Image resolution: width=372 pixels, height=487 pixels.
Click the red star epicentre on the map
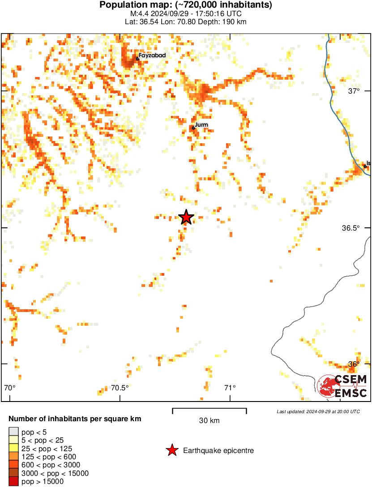pos(186,218)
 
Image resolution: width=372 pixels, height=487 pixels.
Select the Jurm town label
pos(201,125)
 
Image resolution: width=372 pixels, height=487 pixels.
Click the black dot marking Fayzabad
pos(138,59)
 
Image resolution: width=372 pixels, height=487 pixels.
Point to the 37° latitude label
pos(354,91)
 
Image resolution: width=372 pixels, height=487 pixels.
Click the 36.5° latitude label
pos(351,228)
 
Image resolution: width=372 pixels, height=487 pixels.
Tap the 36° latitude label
pos(354,364)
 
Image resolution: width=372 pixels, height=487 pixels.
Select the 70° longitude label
pos(9,388)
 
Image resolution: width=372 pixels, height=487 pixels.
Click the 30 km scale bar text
pos(209,421)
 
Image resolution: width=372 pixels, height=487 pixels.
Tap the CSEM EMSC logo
pos(342,386)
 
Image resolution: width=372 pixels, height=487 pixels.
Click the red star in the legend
pos(172,451)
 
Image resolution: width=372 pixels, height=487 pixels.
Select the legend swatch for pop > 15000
pos(13,482)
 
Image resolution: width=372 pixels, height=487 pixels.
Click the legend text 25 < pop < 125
pos(47,449)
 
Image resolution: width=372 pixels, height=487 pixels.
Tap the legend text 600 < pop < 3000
pos(51,465)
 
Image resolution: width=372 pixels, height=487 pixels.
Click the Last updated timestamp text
pos(318,411)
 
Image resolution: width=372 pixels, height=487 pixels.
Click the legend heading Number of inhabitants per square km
pos(75,419)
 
